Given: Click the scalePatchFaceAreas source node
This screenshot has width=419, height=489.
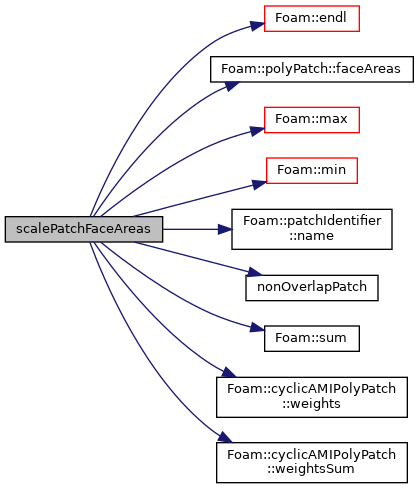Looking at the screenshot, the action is [x=84, y=229].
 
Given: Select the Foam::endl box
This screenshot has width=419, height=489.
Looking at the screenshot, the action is [x=312, y=19].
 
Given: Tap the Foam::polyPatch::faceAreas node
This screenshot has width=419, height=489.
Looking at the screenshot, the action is [x=312, y=69].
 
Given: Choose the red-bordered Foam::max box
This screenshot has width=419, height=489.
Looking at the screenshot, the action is [x=312, y=120].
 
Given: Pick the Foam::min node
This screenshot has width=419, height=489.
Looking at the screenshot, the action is [x=312, y=170].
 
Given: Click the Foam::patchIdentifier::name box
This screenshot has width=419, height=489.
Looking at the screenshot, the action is [x=312, y=229].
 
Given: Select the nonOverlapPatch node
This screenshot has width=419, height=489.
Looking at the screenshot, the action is [x=312, y=288].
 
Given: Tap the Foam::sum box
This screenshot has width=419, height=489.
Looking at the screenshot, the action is [x=312, y=338].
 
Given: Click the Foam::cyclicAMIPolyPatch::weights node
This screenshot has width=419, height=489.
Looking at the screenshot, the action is [x=312, y=397].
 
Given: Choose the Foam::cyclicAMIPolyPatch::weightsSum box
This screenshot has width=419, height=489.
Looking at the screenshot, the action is [x=312, y=462].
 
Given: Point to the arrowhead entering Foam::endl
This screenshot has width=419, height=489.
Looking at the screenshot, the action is [x=258, y=25].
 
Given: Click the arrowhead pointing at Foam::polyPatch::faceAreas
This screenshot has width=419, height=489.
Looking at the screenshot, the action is [x=232, y=86].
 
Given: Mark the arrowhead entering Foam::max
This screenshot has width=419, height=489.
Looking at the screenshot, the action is [x=258, y=131].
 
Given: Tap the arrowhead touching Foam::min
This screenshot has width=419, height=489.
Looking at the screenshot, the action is [x=260, y=184].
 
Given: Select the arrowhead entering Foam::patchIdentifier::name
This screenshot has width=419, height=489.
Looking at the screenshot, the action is [x=225, y=229].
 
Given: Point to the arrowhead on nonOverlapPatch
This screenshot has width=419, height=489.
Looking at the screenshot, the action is [x=255, y=272].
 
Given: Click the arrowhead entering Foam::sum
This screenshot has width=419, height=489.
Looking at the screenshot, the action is [x=258, y=328].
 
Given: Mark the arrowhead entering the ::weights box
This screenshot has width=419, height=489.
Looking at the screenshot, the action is [x=228, y=372].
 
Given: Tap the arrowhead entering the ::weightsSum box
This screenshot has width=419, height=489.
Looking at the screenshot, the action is [x=225, y=437].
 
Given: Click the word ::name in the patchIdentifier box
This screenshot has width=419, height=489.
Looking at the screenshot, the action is [x=312, y=236].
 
